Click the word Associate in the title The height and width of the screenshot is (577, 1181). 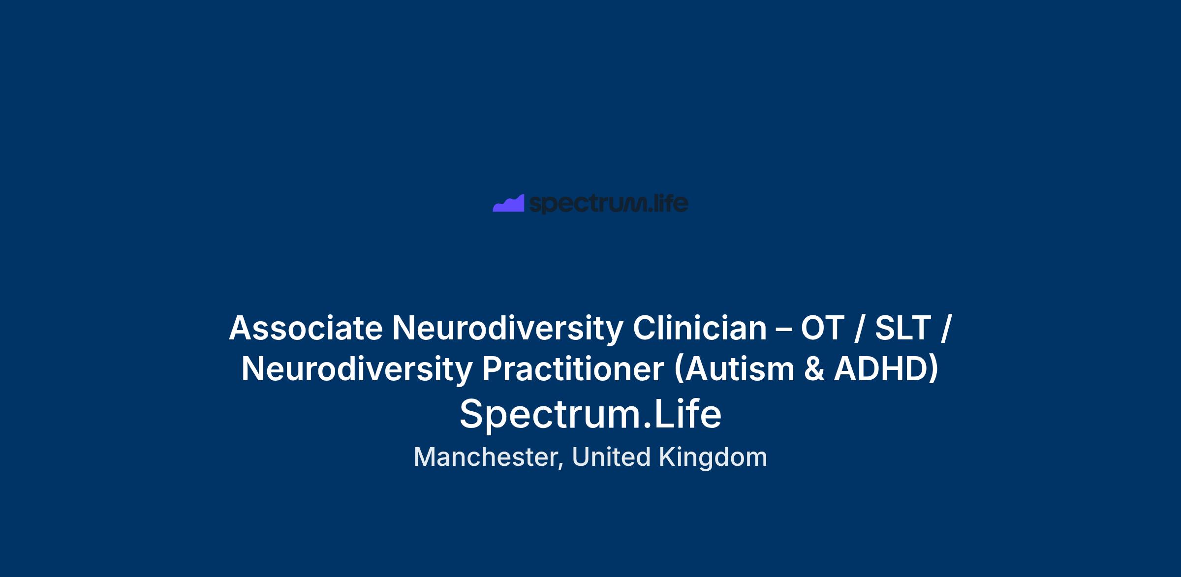(306, 328)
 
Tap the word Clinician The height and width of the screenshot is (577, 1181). (700, 328)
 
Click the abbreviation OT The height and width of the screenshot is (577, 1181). (823, 328)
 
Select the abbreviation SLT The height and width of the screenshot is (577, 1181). (903, 328)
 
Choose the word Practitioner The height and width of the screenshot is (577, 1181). (573, 369)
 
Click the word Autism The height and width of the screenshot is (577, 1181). (739, 369)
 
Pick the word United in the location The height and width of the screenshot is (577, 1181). (612, 456)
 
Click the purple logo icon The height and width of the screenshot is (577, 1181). (509, 204)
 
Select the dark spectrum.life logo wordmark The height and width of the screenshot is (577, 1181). (609, 204)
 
